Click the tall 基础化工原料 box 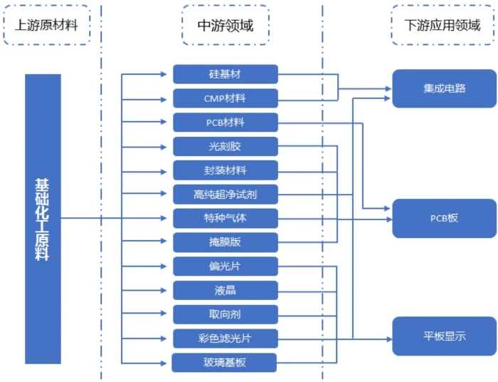[x=43, y=219]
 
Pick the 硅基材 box [x=225, y=74]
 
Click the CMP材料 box [x=225, y=98]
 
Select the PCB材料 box [x=225, y=123]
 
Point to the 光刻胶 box [x=225, y=147]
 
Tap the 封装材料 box [x=225, y=170]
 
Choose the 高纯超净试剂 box [x=225, y=195]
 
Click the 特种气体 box [x=225, y=218]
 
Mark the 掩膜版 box [x=225, y=242]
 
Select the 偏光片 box [x=225, y=267]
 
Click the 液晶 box [x=225, y=290]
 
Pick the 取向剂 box [x=225, y=314]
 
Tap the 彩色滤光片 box [x=225, y=339]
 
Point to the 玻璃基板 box [x=225, y=362]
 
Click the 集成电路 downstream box [x=444, y=88]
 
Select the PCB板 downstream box [x=444, y=218]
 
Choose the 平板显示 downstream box [x=444, y=336]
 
